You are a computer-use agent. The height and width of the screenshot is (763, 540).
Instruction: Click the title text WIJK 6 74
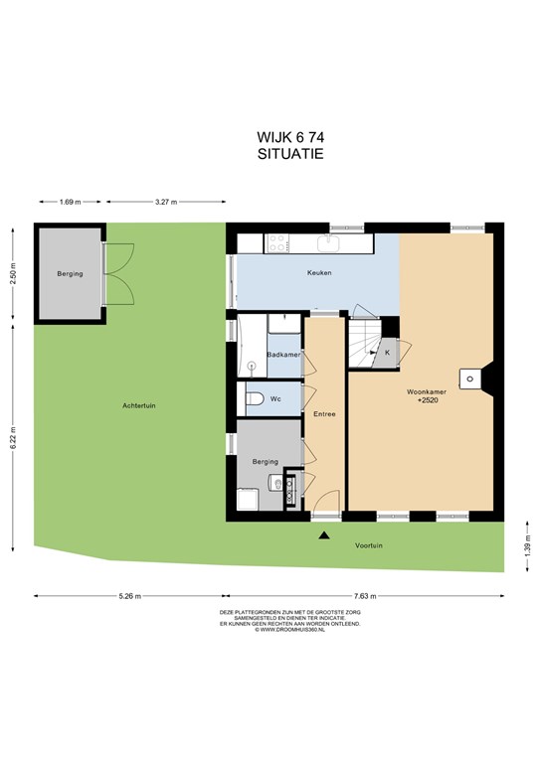(x=290, y=138)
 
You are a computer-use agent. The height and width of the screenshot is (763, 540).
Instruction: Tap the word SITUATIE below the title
(x=290, y=154)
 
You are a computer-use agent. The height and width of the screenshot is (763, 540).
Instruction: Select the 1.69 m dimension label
(x=71, y=202)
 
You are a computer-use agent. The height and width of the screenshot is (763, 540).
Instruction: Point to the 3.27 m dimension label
(x=165, y=202)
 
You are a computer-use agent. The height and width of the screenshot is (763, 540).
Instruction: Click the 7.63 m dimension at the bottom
(x=365, y=596)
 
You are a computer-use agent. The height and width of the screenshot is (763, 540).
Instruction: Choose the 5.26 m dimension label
(x=130, y=596)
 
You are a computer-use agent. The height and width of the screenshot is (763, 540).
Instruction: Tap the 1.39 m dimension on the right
(x=528, y=546)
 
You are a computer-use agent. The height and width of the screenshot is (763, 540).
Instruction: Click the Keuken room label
(x=319, y=273)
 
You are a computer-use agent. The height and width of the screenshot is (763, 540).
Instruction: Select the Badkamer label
(x=283, y=355)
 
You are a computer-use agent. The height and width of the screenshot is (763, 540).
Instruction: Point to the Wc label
(x=275, y=399)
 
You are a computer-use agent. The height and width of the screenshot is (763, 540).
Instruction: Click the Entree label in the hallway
(x=325, y=414)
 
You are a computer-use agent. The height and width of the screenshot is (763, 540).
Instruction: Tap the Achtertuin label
(x=139, y=405)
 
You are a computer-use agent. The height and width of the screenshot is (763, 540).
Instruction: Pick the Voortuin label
(x=369, y=545)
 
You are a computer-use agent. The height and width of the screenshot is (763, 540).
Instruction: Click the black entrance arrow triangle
(x=324, y=535)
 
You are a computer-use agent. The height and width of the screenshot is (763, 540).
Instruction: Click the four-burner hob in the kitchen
(x=276, y=242)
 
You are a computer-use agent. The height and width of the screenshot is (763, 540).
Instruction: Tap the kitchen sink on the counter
(x=330, y=242)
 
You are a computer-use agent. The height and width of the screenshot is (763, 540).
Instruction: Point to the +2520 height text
(x=428, y=400)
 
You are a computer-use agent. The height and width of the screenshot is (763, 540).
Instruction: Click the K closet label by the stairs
(x=388, y=353)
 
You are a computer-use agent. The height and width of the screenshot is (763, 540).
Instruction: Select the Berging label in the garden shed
(x=71, y=274)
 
